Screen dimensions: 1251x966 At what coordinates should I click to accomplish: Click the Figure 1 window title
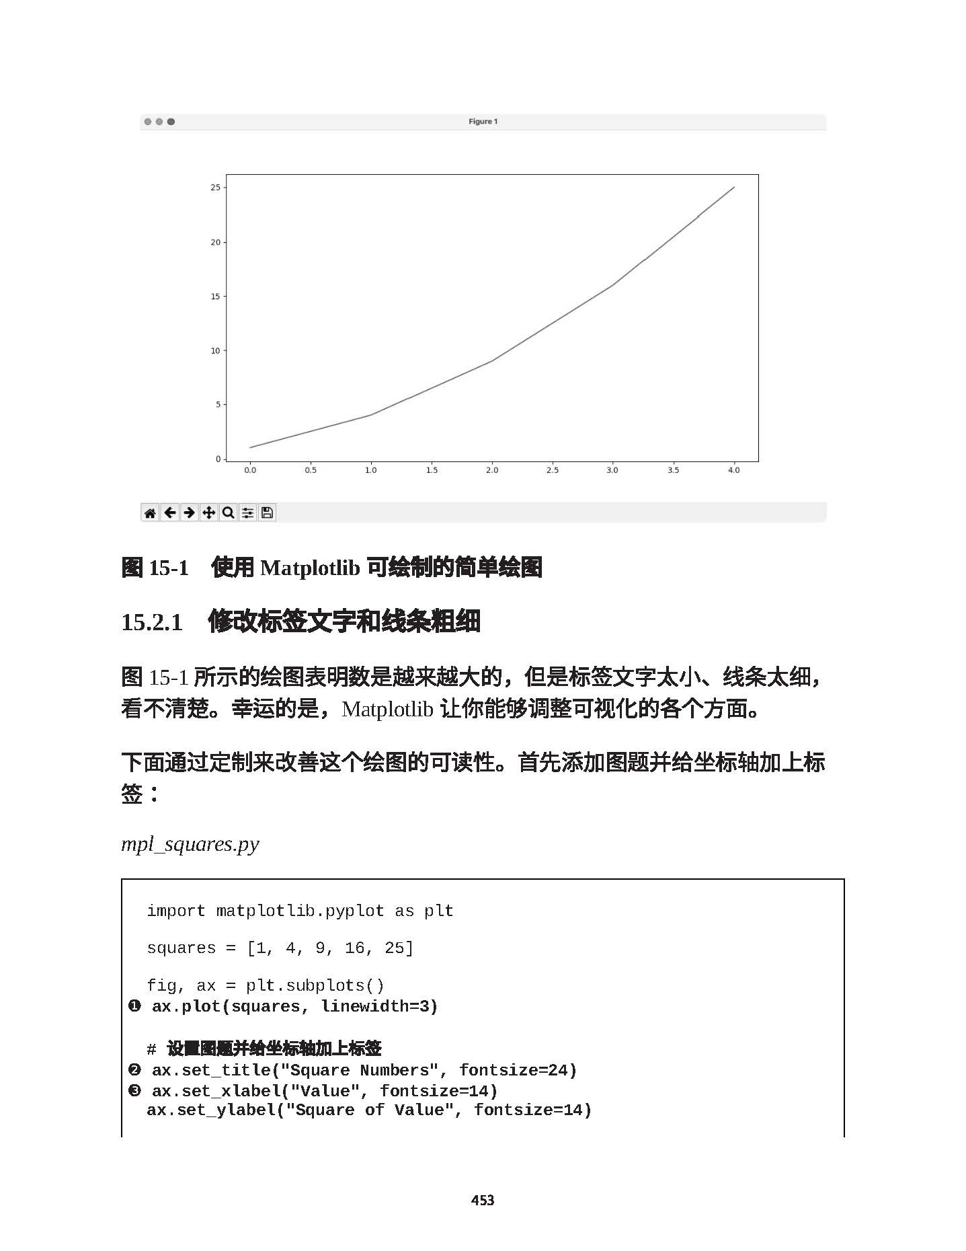point(483,122)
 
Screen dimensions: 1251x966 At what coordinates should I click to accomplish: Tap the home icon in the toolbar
point(150,513)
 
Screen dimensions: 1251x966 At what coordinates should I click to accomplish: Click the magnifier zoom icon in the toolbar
point(229,513)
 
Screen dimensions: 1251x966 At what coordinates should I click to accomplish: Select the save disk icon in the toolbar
point(267,513)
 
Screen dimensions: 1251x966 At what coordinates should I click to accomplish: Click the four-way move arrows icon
point(209,513)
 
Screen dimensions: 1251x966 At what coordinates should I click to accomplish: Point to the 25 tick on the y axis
point(215,188)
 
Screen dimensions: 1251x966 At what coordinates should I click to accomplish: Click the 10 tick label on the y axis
point(215,350)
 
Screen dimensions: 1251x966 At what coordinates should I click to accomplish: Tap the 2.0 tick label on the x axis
point(492,471)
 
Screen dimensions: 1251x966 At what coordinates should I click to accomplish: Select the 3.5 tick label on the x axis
point(673,471)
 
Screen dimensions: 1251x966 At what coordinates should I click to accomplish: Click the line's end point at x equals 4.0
point(733,188)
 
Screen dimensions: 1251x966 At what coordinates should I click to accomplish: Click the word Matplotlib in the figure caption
point(310,568)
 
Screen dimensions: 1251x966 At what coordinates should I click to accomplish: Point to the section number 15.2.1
point(152,622)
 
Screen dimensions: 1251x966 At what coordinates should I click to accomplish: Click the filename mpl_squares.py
point(190,844)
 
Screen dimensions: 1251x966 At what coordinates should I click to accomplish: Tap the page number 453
point(483,1201)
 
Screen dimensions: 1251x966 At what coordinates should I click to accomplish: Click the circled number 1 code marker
point(134,1006)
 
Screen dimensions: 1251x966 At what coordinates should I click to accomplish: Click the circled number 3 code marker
point(134,1090)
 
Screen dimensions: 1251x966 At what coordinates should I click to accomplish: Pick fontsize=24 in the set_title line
point(518,1070)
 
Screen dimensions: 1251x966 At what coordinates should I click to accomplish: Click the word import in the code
point(175,911)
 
